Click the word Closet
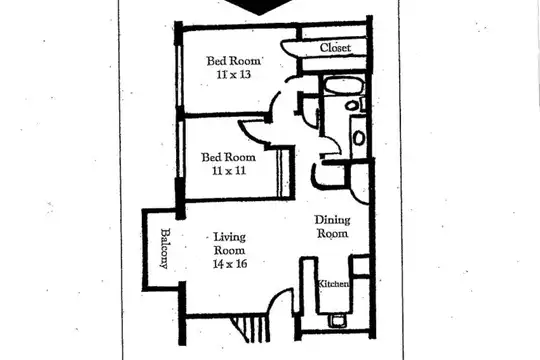[335, 48]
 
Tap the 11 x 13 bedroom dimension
[233, 74]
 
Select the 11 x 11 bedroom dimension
[229, 171]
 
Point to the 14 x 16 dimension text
[230, 264]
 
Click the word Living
[229, 237]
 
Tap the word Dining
[332, 220]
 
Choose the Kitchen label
[333, 284]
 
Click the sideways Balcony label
[165, 248]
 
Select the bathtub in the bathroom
[344, 85]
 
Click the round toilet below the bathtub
[352, 105]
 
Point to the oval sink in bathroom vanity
[359, 138]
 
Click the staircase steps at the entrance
[250, 329]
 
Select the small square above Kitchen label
[360, 265]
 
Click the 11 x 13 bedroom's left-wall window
[179, 76]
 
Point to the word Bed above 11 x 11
[210, 157]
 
